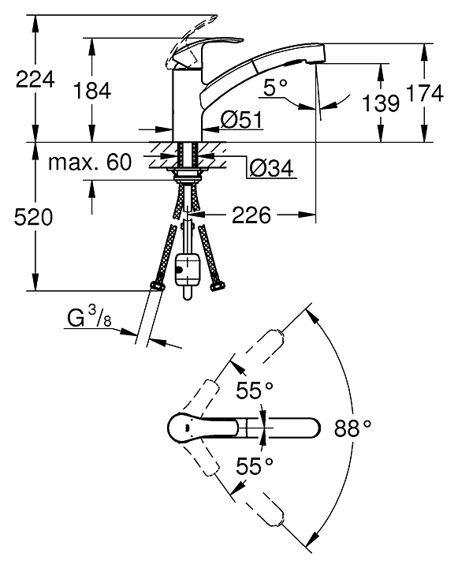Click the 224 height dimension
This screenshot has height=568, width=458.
point(35,80)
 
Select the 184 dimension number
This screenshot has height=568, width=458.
point(92,91)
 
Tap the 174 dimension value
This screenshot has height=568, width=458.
point(425,93)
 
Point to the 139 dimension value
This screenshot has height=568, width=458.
point(381,103)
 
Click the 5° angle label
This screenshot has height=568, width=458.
point(275,88)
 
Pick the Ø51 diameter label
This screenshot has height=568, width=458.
point(241,120)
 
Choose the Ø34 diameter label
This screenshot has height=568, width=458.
point(271,168)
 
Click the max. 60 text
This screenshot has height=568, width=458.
point(90,162)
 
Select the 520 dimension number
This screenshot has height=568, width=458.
point(33,218)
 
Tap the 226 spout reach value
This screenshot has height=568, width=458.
point(251,215)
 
